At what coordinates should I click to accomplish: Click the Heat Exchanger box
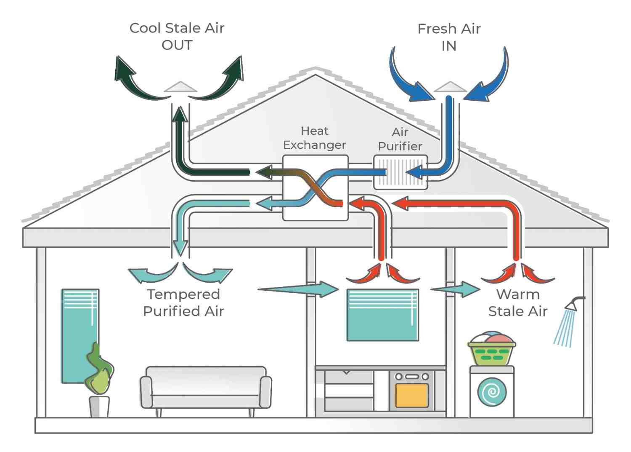click(x=315, y=187)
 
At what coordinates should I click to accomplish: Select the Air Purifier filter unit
click(x=400, y=172)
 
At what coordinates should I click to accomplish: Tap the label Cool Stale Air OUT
click(x=177, y=36)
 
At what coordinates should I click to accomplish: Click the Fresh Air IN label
click(x=449, y=37)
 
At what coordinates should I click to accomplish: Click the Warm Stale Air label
click(x=517, y=302)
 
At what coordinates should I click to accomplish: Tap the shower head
click(x=572, y=305)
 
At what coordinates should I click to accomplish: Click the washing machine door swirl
click(x=492, y=392)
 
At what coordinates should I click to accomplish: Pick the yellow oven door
click(x=412, y=395)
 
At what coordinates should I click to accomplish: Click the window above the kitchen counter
click(x=382, y=315)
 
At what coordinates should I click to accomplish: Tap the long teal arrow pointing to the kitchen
click(x=299, y=289)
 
